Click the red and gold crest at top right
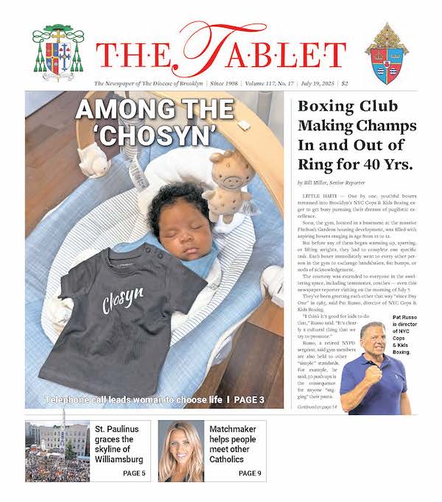pos(387,53)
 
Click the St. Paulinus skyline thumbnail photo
pos(57,450)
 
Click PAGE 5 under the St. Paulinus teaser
pos(134,473)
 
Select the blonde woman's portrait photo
pos(181,450)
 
